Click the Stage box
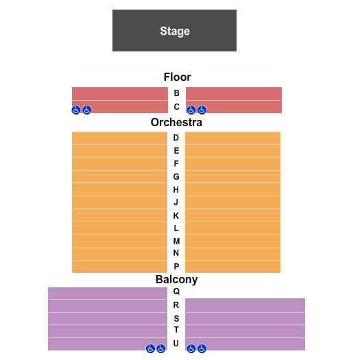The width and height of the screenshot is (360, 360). click(174, 31)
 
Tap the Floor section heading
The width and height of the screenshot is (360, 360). click(177, 77)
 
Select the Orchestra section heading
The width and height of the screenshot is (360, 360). click(177, 123)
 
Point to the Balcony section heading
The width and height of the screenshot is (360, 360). click(176, 279)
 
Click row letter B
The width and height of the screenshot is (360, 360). click(176, 93)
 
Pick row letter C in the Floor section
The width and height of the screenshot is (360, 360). click(176, 107)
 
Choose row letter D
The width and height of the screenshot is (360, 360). click(176, 138)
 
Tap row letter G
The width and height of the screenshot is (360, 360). click(176, 176)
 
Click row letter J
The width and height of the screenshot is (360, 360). click(176, 202)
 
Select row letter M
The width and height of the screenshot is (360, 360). click(176, 241)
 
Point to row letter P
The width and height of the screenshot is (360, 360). click(176, 266)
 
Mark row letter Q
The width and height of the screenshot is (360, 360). click(176, 291)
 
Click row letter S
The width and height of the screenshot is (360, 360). click(176, 318)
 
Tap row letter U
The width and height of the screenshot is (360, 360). click(176, 343)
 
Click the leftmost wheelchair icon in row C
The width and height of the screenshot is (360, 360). click(77, 110)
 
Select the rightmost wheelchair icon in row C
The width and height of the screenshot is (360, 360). click(202, 110)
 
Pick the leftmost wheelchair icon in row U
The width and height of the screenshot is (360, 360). click(150, 348)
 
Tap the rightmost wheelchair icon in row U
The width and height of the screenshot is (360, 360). click(202, 348)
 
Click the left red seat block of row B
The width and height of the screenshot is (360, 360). click(120, 93)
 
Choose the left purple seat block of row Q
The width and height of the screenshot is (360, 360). click(107, 293)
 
